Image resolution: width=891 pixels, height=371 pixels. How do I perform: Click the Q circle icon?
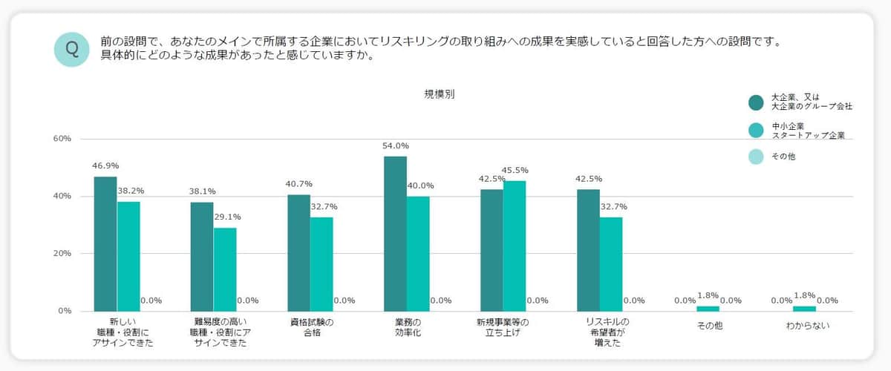72,49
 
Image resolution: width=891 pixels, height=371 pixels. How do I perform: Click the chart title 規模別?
440,94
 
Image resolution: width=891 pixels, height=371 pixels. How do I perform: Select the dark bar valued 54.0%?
395,233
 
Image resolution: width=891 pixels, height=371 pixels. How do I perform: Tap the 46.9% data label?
105,165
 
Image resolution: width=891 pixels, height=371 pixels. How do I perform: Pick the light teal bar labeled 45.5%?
514,246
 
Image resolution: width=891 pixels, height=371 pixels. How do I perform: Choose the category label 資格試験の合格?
310,327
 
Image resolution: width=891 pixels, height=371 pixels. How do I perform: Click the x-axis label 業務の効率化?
407,327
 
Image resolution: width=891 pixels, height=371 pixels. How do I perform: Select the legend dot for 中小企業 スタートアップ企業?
756,130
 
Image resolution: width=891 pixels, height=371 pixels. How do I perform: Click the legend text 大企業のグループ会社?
811,107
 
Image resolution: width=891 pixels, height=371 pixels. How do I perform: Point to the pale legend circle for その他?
756,157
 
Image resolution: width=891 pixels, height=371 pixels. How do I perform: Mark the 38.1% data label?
202,191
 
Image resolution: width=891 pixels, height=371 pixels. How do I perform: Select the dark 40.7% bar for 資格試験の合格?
298,252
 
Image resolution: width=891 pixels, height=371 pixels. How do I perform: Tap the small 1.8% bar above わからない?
804,308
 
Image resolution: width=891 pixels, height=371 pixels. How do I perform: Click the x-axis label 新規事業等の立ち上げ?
503,327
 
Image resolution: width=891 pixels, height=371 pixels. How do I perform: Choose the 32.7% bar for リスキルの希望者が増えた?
611,263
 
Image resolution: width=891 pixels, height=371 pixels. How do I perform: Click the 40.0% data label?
420,185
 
